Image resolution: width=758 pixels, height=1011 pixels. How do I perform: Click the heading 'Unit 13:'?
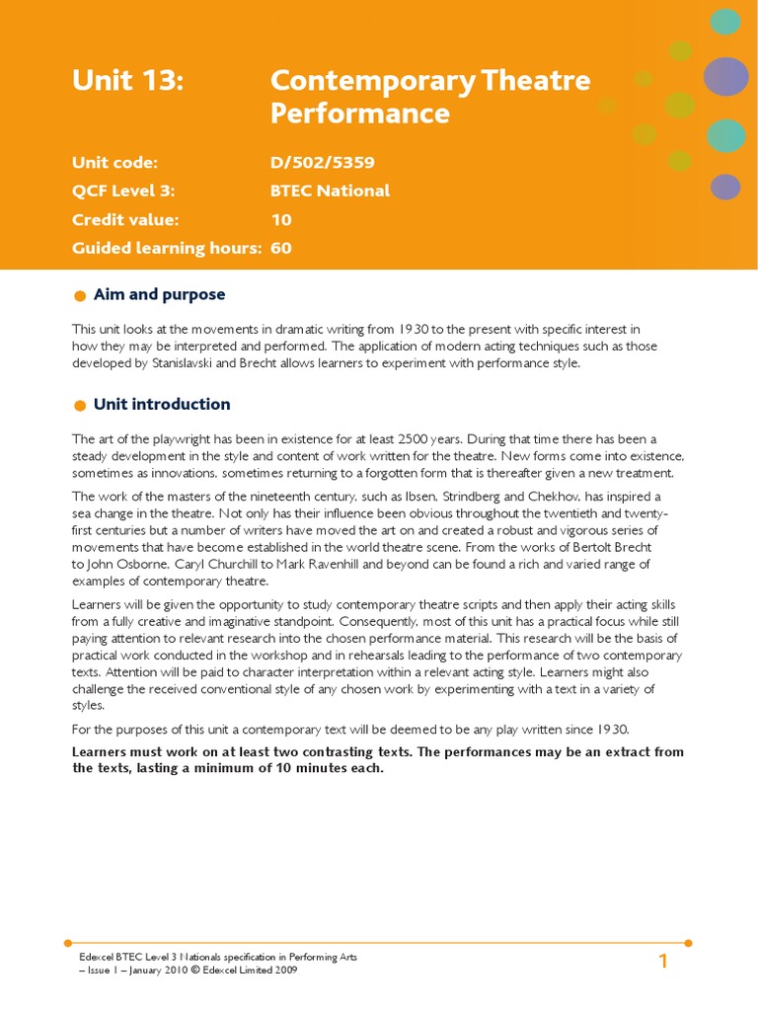click(127, 81)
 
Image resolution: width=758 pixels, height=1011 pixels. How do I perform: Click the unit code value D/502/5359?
click(322, 163)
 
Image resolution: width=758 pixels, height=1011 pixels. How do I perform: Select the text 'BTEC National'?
click(330, 191)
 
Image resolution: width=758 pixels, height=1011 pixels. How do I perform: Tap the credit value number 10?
click(281, 219)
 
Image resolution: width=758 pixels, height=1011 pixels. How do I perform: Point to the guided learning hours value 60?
click(281, 248)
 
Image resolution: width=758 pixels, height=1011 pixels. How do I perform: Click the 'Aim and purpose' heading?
click(159, 294)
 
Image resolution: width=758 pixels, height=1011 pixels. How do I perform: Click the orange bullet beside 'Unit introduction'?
click(80, 405)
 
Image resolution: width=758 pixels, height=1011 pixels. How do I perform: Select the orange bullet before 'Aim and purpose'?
click(80, 295)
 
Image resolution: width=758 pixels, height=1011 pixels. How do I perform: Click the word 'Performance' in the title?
click(359, 114)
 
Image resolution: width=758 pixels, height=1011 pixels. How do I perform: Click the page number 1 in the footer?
click(663, 962)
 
